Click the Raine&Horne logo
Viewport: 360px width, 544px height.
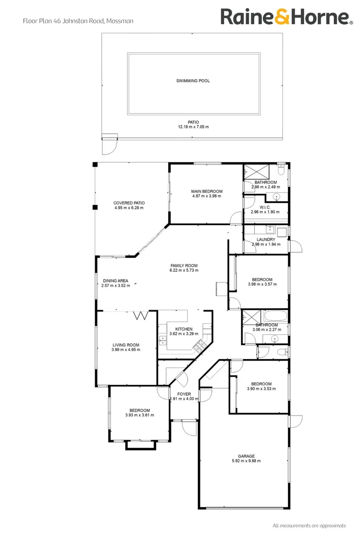pos(286,17)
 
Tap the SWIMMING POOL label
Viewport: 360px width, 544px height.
pos(193,81)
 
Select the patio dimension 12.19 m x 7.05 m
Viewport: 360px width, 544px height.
pos(193,127)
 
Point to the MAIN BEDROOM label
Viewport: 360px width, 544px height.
pos(206,191)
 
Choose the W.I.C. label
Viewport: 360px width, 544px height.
pos(265,207)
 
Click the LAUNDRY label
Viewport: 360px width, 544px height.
pos(265,240)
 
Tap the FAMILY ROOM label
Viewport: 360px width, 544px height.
pos(184,265)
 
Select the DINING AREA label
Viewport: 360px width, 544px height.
pos(116,281)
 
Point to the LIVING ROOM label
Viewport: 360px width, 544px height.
pos(126,345)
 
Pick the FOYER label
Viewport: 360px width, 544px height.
pos(184,394)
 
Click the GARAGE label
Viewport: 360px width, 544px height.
pos(246,456)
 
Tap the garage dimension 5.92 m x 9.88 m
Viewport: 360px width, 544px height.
pos(246,461)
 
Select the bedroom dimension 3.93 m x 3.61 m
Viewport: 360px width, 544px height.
pos(139,416)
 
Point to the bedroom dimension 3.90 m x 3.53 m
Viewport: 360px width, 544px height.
pos(259,389)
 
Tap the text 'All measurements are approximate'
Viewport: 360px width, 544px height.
pos(309,526)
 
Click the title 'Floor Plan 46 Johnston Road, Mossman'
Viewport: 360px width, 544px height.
pos(78,21)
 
